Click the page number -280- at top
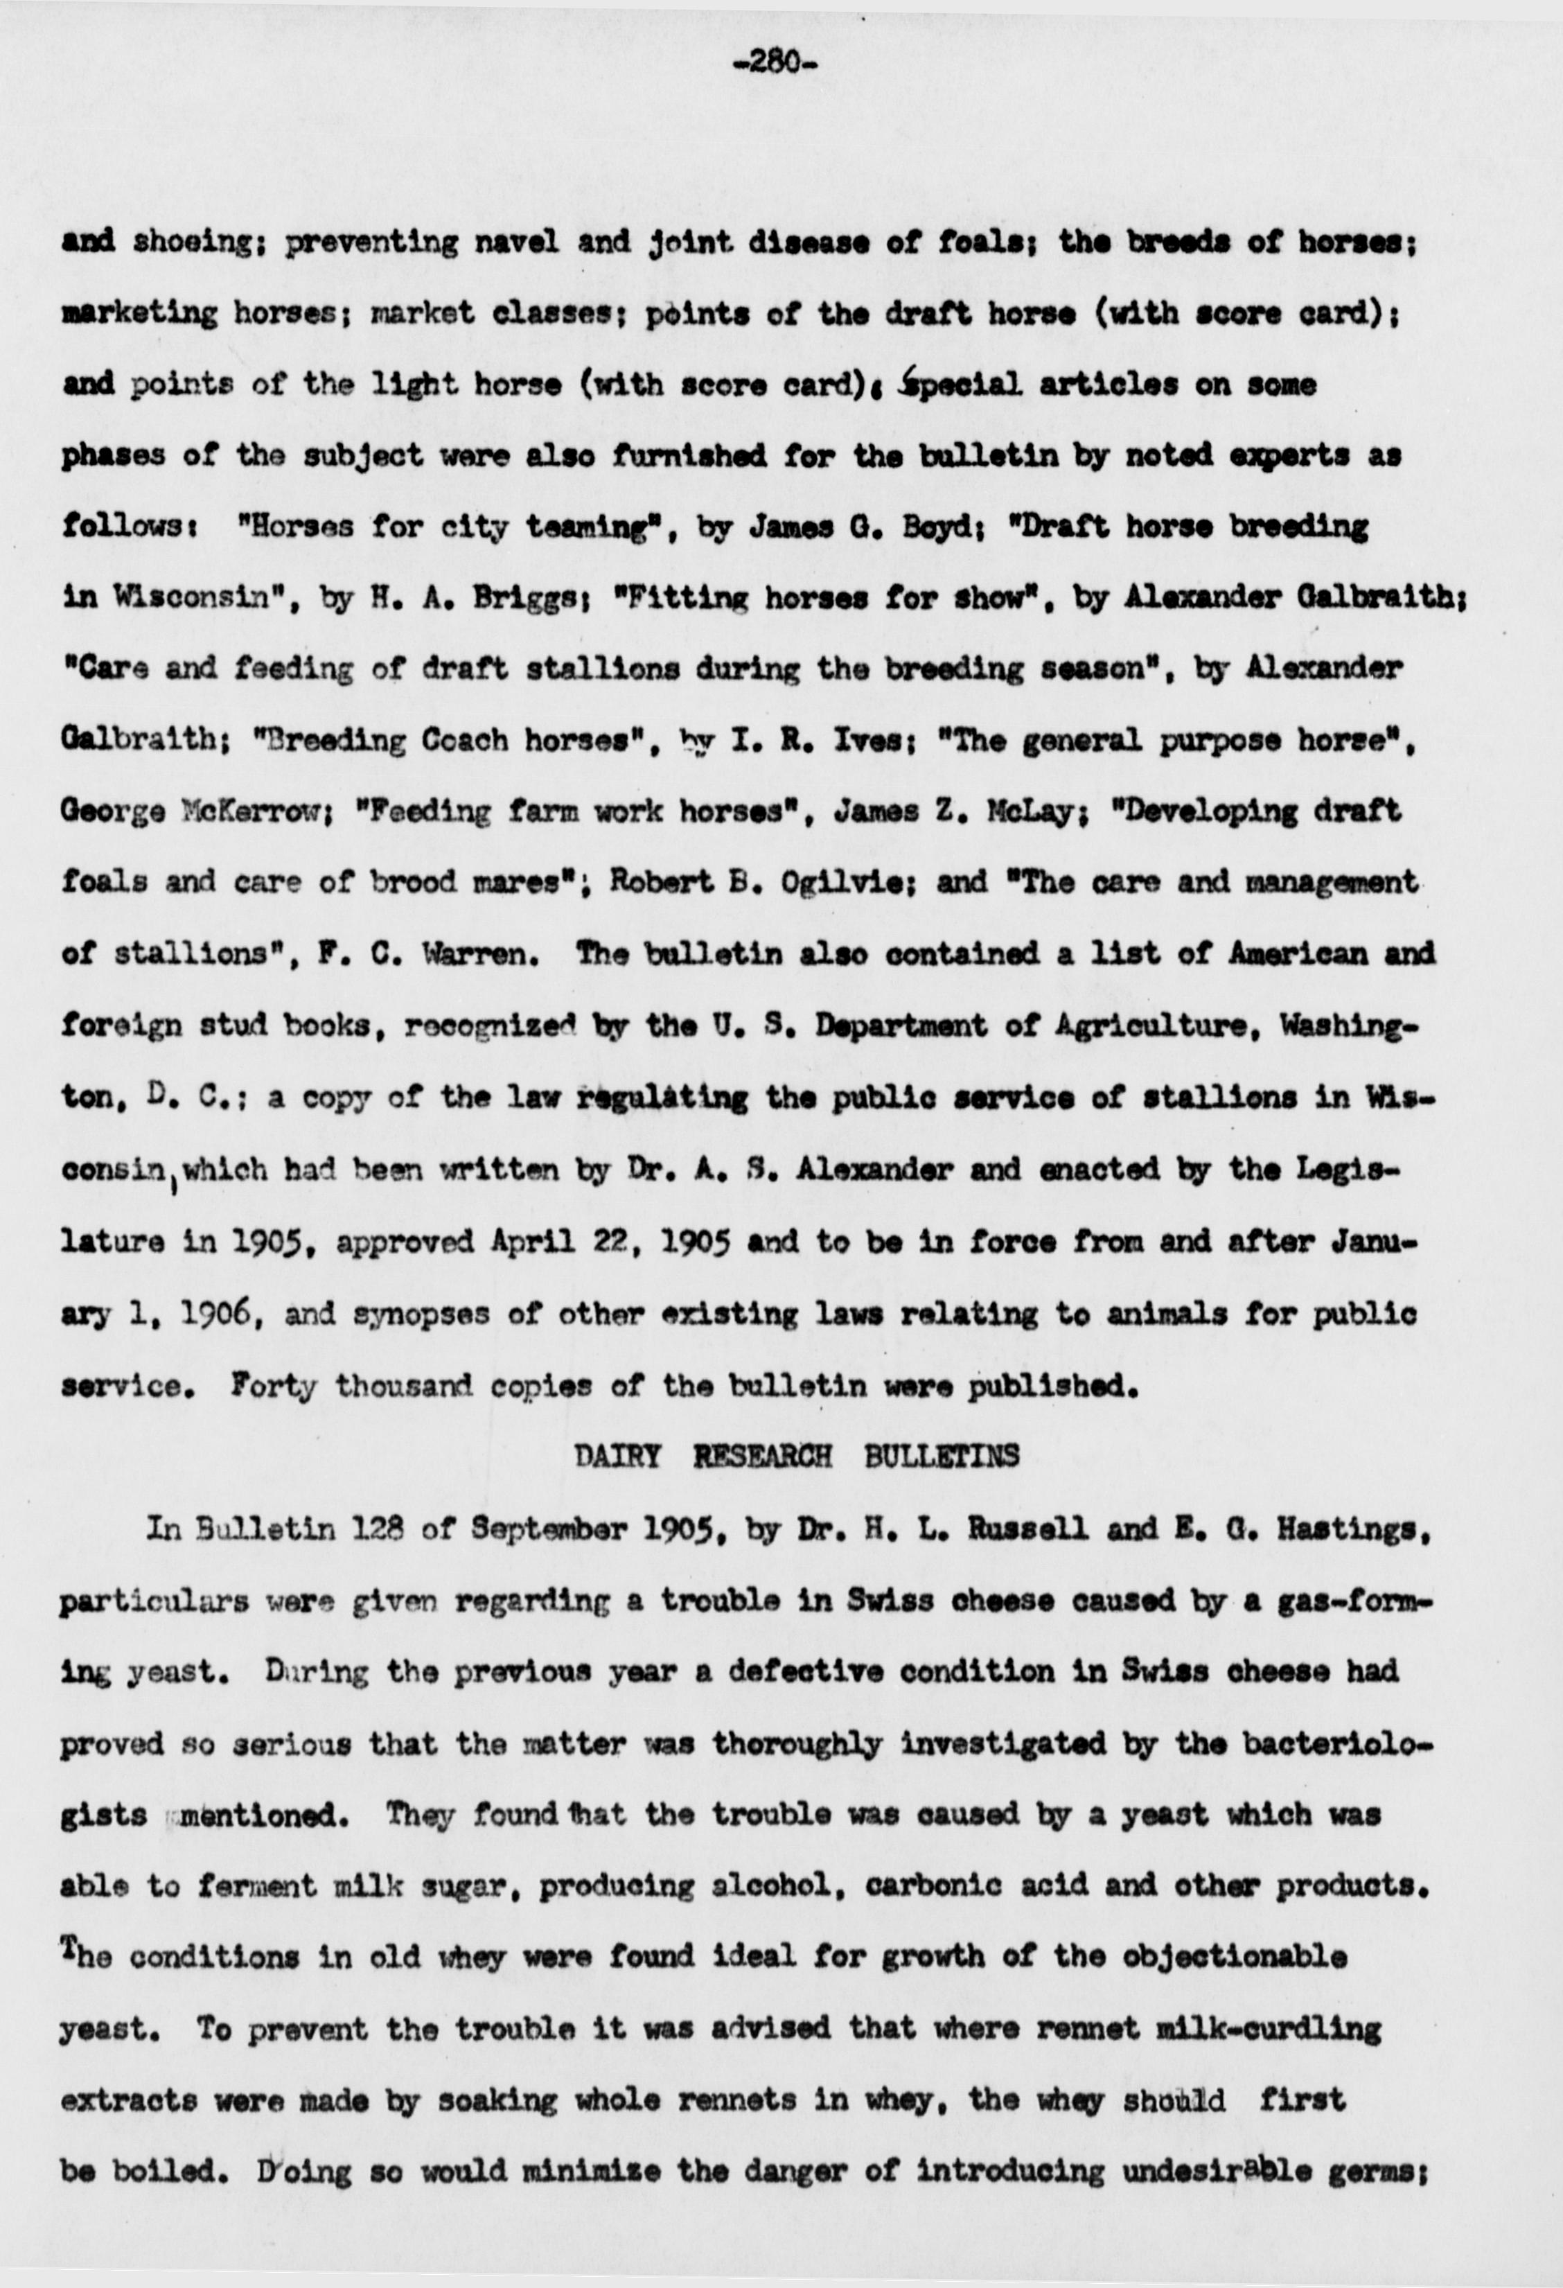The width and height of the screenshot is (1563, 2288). click(775, 65)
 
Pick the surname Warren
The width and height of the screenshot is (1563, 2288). click(479, 955)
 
